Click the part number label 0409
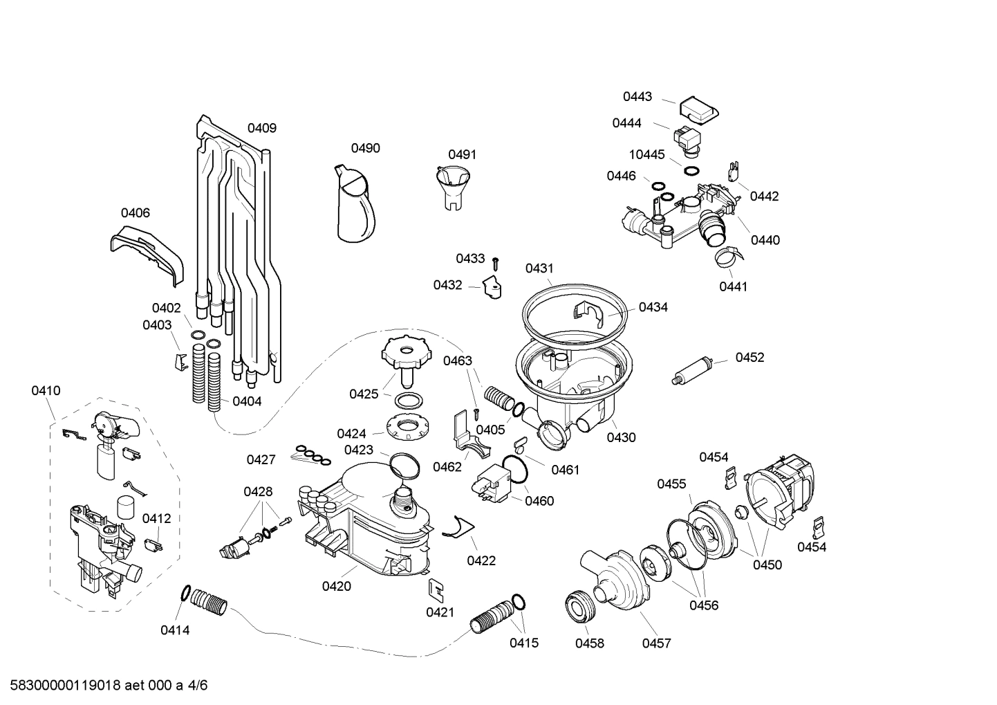tap(262, 128)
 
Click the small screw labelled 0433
tap(496, 263)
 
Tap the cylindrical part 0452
tap(692, 371)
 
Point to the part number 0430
tap(621, 437)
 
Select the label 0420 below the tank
tap(336, 587)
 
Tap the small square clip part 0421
tap(436, 588)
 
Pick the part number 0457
tap(656, 643)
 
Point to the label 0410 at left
tap(46, 391)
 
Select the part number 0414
tap(175, 630)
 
